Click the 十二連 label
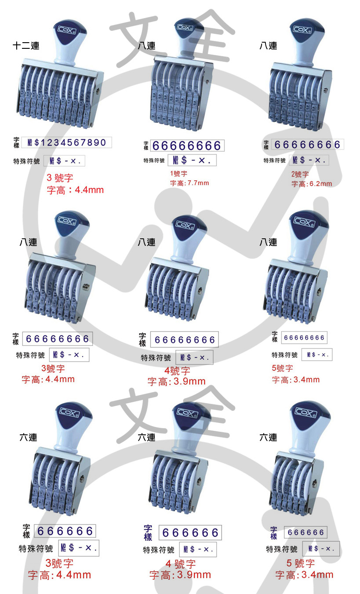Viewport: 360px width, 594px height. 26,46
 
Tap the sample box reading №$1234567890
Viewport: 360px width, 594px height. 66,142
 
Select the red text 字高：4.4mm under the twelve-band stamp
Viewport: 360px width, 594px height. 75,190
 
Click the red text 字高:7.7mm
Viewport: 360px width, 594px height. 189,183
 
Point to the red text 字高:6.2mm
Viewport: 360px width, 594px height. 312,184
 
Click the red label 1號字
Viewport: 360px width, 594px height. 178,174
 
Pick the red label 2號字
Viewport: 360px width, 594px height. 300,174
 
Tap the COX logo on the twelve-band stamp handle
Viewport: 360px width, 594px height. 67,29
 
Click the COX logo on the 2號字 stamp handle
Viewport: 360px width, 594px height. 302,29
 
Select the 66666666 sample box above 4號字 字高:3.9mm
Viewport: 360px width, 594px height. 185,339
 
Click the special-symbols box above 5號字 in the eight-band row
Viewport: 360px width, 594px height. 317,354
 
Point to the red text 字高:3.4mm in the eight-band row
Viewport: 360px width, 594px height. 296,380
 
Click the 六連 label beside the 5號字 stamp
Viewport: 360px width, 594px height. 268,437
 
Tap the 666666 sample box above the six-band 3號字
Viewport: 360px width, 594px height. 65,531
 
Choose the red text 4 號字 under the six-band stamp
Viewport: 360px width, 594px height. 181,564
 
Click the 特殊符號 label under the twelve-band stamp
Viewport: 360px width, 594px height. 26,161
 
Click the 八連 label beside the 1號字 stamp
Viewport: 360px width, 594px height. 147,46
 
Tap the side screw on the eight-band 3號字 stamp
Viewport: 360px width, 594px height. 86,287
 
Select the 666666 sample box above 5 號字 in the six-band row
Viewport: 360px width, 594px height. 305,532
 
